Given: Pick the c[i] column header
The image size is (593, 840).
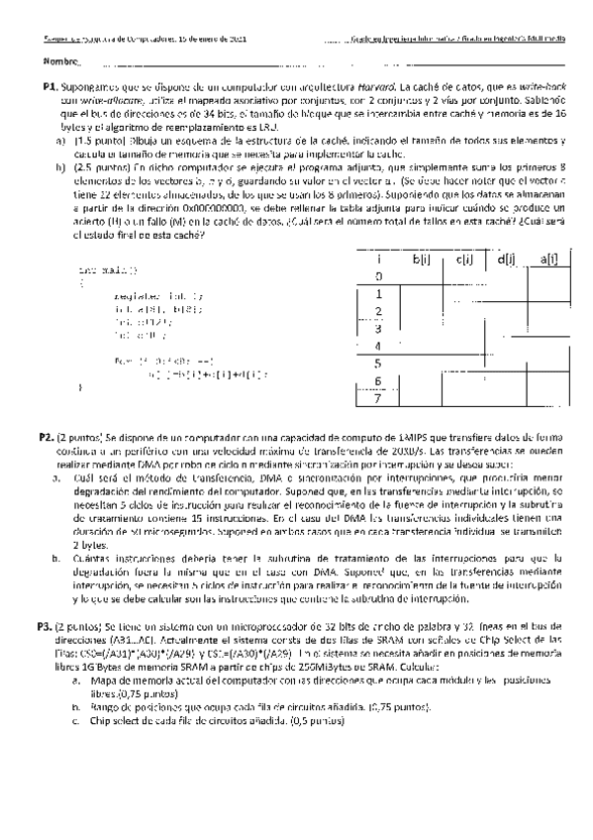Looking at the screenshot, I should [x=464, y=260].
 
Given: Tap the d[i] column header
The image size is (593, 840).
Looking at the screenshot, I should [x=504, y=260].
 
